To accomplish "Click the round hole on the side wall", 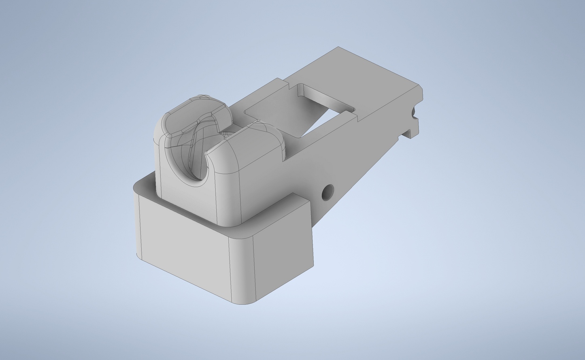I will point(328,192).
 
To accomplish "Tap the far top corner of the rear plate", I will point(338,48).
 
